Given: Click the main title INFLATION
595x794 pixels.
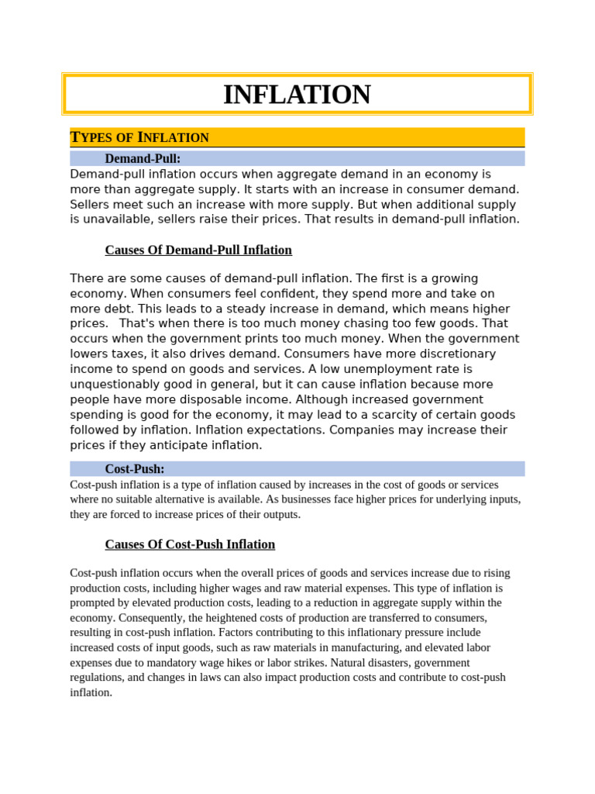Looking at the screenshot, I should (x=297, y=95).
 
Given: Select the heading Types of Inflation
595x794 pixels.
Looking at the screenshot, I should (x=139, y=138).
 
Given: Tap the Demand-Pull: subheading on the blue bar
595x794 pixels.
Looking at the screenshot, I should (x=143, y=159).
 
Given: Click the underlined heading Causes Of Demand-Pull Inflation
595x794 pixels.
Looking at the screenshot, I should (x=198, y=250).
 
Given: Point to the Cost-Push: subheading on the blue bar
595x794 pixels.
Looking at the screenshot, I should (x=135, y=469).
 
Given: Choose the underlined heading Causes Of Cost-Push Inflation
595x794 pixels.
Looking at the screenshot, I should (x=190, y=544).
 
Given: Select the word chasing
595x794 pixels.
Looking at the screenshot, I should (x=356, y=324).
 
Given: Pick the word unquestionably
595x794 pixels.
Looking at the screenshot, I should (x=118, y=385).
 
